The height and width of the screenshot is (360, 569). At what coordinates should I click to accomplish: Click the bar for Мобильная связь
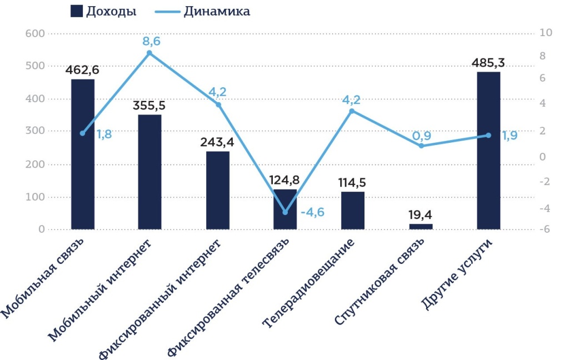(83, 154)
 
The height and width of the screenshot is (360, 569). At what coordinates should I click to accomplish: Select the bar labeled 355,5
(150, 172)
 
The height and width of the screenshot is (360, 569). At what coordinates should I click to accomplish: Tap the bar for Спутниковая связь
(421, 226)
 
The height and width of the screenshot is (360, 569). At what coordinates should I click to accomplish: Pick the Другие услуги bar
(488, 151)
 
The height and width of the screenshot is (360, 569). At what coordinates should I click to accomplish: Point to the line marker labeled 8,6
(149, 53)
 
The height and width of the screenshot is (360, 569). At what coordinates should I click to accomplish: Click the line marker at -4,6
(285, 212)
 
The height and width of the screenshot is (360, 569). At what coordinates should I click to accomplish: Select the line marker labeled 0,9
(421, 146)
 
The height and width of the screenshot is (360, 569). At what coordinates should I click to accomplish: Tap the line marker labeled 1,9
(488, 135)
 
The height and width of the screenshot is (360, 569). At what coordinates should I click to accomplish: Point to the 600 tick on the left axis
(34, 33)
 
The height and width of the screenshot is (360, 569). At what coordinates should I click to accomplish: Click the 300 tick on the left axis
(34, 132)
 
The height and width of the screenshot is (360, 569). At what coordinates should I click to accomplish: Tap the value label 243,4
(218, 142)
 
